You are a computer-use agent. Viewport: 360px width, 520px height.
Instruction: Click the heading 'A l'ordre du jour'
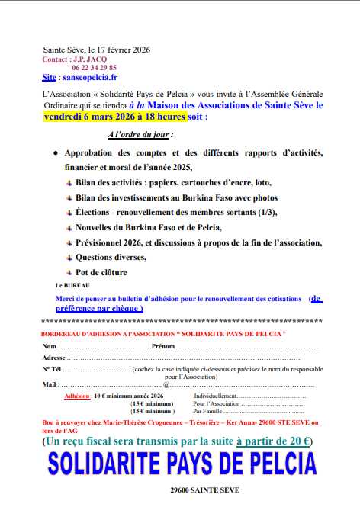click(x=140, y=134)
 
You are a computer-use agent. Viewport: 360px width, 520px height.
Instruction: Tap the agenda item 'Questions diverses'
click(x=111, y=257)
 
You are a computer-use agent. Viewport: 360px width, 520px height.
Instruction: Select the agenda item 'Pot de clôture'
click(x=101, y=272)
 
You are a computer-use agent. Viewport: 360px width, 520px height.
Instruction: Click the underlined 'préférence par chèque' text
click(x=99, y=308)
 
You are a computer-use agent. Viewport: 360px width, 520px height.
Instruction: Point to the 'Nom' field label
click(x=49, y=346)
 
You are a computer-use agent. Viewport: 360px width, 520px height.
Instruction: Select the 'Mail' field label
click(x=50, y=384)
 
